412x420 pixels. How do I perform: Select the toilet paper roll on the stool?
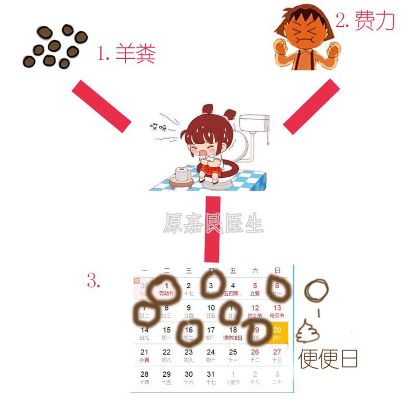point(182,174)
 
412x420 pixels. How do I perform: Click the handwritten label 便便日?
point(328,359)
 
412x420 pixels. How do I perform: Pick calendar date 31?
point(211,374)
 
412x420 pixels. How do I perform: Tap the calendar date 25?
point(233,352)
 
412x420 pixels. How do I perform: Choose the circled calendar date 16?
point(189,330)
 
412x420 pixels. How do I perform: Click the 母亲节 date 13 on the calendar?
point(277,308)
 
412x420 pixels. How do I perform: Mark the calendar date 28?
point(145,374)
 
